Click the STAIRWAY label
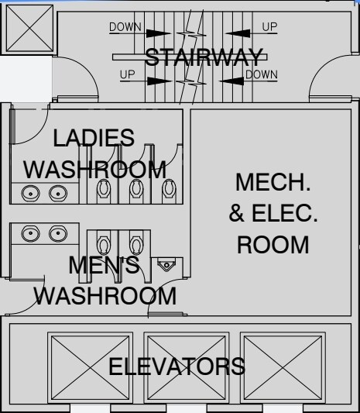pyautogui.click(x=204, y=57)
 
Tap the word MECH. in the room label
pyautogui.click(x=273, y=182)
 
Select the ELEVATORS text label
pyautogui.click(x=177, y=367)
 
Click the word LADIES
pyautogui.click(x=94, y=138)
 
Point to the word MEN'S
pyautogui.click(x=104, y=265)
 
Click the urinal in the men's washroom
pyautogui.click(x=166, y=264)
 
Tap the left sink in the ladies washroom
pyautogui.click(x=30, y=193)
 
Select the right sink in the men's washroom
pyautogui.click(x=58, y=233)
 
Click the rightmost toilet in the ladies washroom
pyautogui.click(x=169, y=189)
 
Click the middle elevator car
pyautogui.click(x=187, y=368)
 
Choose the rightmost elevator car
pyautogui.click(x=283, y=368)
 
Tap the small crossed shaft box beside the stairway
pyautogui.click(x=29, y=28)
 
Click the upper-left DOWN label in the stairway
pyautogui.click(x=125, y=27)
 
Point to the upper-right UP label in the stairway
pyautogui.click(x=269, y=27)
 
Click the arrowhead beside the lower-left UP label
pyautogui.click(x=159, y=81)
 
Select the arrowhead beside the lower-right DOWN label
pyautogui.click(x=231, y=81)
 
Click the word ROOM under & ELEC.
pyautogui.click(x=273, y=245)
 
